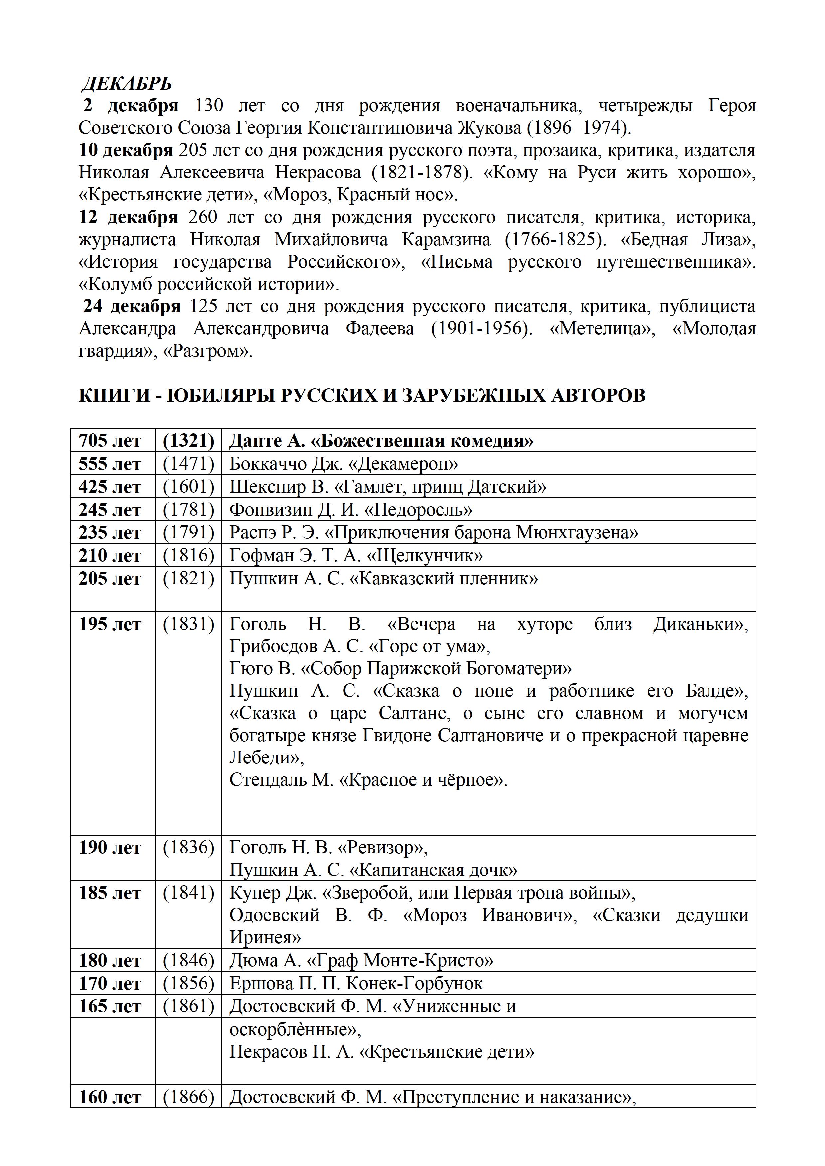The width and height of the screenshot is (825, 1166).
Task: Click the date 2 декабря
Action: pyautogui.click(x=131, y=106)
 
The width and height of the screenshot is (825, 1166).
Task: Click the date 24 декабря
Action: pyautogui.click(x=132, y=307)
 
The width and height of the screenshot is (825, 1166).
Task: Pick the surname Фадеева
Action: pyautogui.click(x=379, y=329)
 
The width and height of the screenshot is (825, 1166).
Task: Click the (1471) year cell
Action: pyautogui.click(x=189, y=464)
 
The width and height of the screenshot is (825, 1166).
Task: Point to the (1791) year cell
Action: pyautogui.click(x=189, y=532)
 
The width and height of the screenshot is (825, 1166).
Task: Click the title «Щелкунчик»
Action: pyautogui.click(x=425, y=555)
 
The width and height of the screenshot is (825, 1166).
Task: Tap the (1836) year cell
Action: pyautogui.click(x=189, y=848)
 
